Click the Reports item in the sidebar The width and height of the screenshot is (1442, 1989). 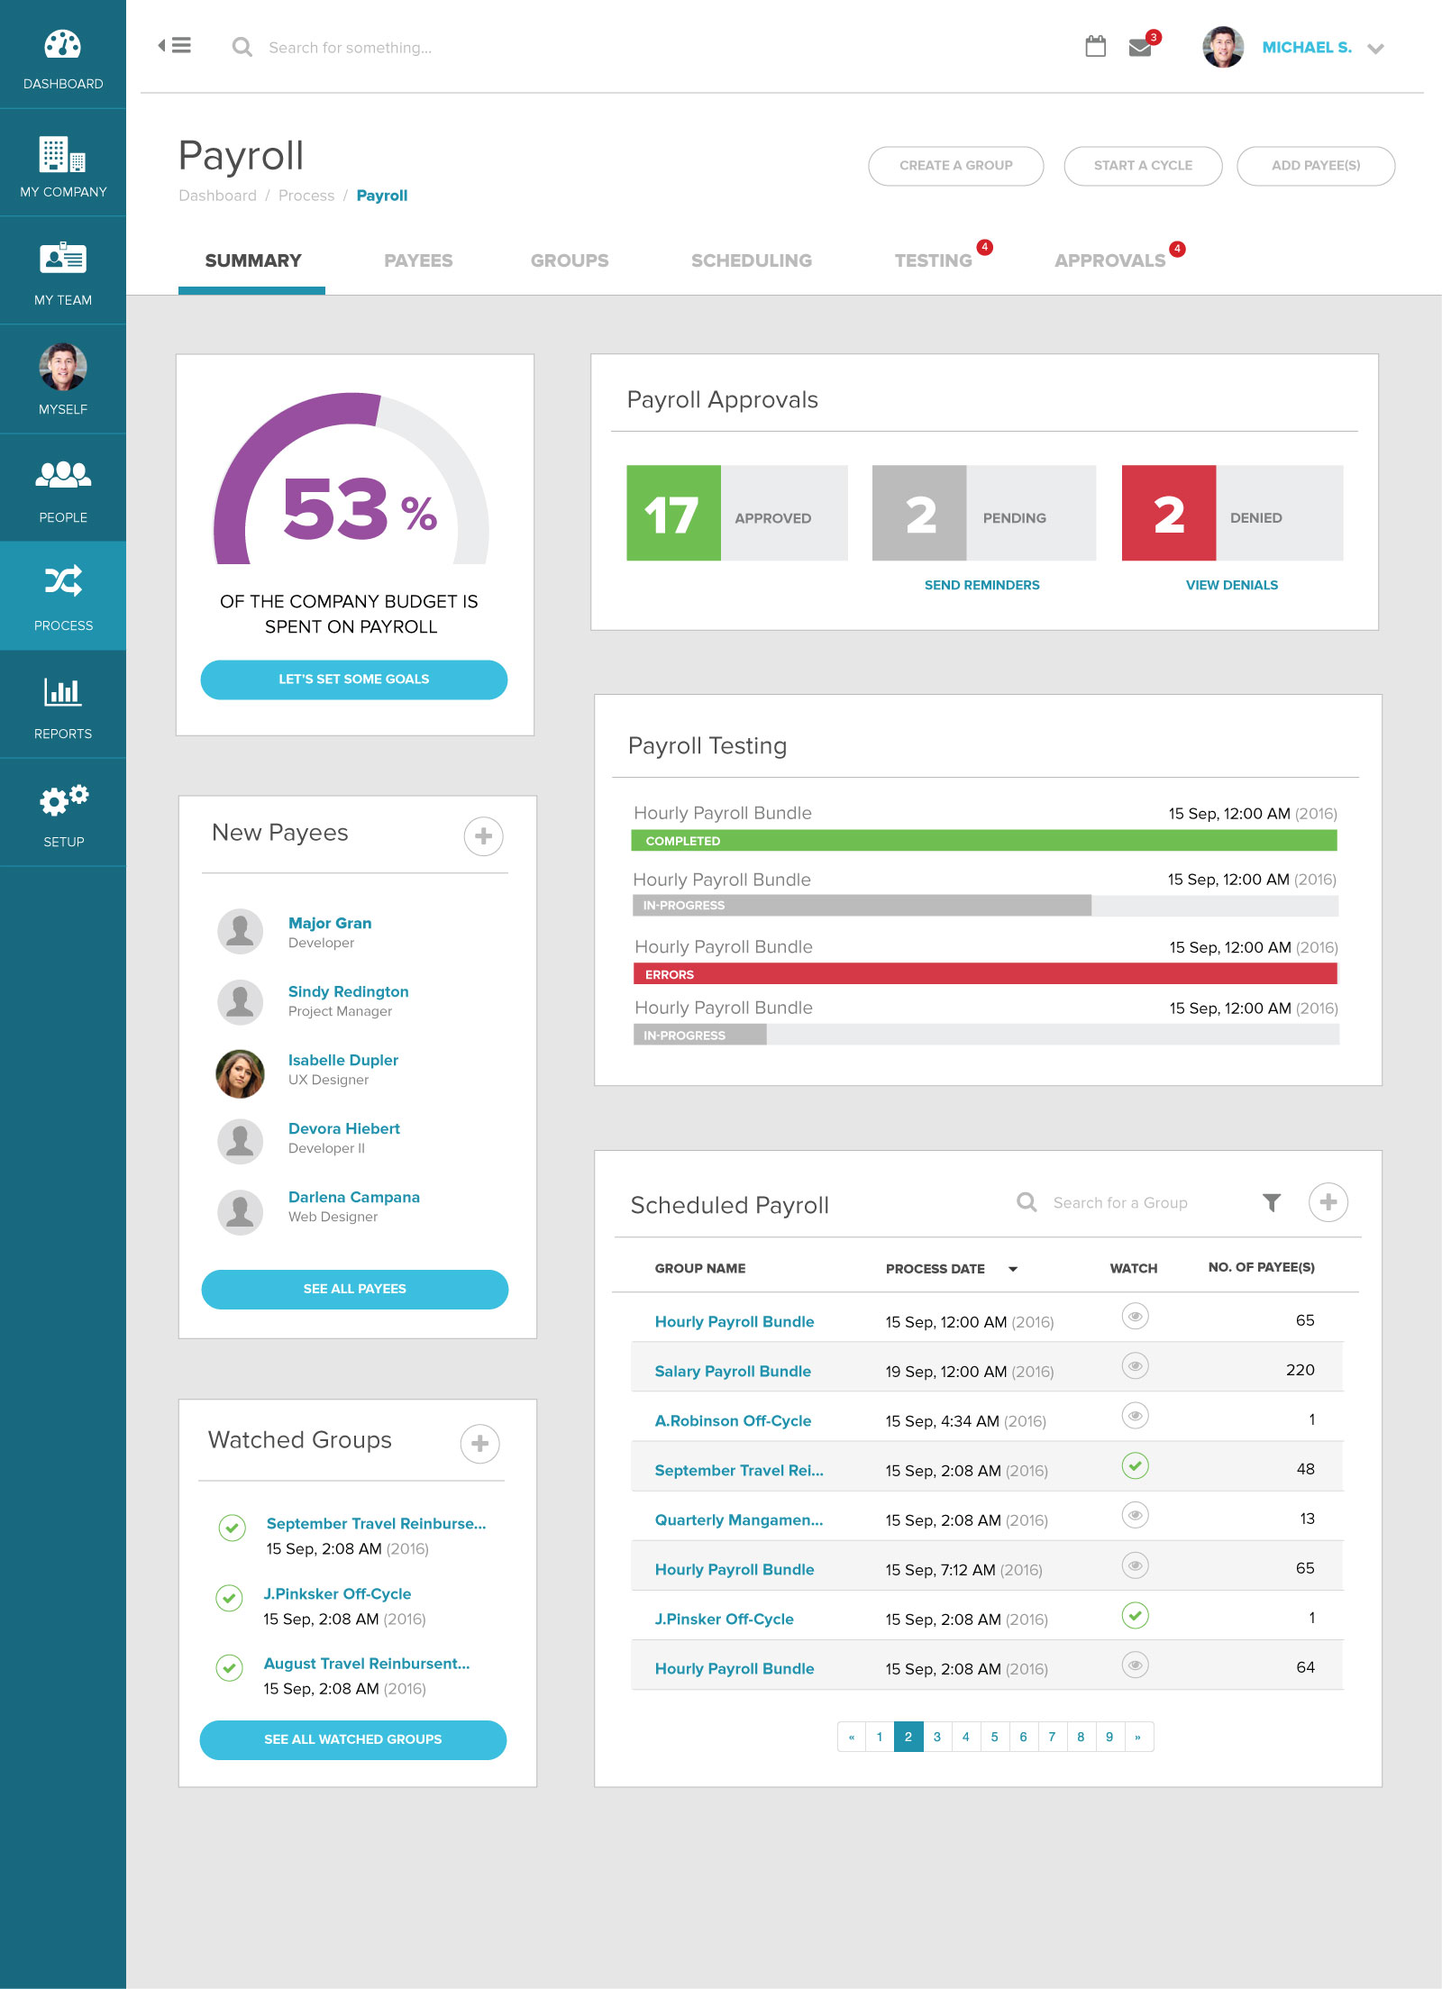point(63,705)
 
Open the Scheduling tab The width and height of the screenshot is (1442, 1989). point(752,260)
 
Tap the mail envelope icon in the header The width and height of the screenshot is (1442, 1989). point(1140,47)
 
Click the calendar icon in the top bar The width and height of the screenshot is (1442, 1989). point(1096,46)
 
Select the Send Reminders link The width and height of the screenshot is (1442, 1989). point(982,585)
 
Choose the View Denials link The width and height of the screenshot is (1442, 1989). point(1232,585)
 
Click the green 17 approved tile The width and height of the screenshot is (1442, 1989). point(673,513)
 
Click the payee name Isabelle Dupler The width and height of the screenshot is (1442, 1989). point(343,1060)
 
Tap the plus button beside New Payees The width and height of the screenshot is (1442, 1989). point(484,836)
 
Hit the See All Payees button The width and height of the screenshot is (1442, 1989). point(355,1289)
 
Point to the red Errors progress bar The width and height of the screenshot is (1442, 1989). point(985,974)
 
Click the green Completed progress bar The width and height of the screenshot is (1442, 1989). point(984,841)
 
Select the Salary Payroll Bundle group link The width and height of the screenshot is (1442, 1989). point(733,1371)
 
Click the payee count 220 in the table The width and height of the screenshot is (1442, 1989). point(1301,1370)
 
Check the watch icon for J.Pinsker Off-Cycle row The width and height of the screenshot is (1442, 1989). point(1136,1616)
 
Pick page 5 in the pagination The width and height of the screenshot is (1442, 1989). point(995,1737)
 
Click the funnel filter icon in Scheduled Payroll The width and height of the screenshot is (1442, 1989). point(1272,1202)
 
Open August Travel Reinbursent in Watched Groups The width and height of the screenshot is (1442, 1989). point(367,1664)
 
